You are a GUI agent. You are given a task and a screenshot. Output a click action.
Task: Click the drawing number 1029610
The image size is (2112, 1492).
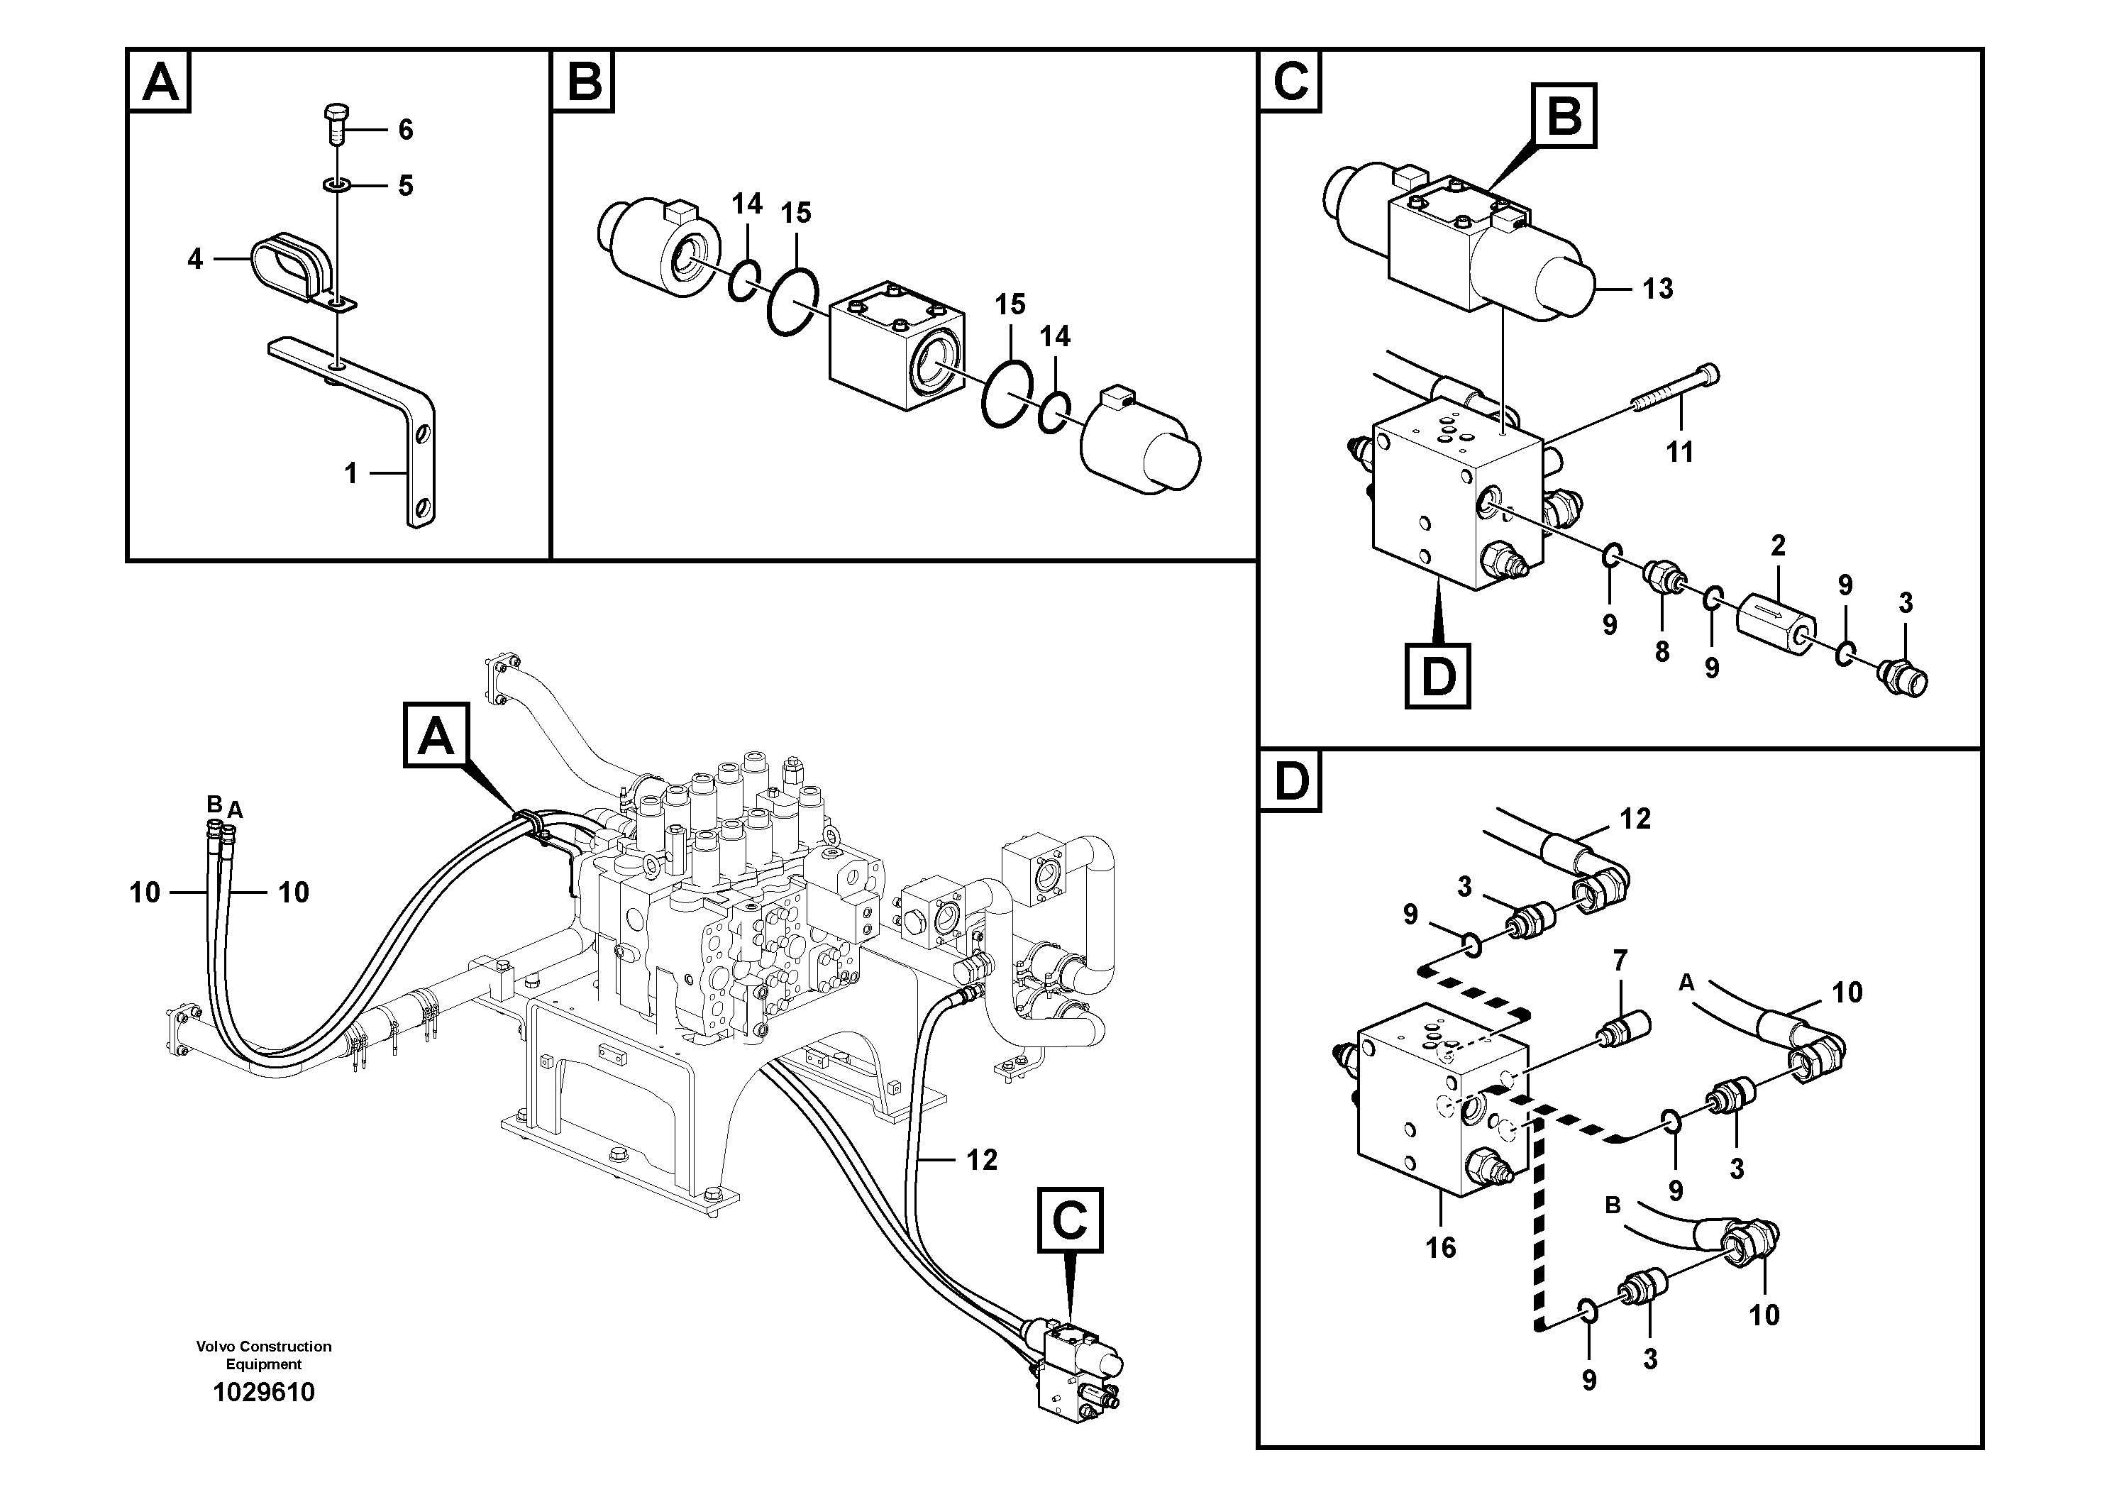coord(263,1392)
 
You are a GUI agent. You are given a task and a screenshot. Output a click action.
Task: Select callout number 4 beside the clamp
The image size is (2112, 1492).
coord(194,260)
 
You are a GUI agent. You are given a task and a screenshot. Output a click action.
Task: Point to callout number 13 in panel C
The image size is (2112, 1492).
coord(1657,289)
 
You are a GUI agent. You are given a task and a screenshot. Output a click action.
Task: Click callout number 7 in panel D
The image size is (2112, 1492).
coord(1620,961)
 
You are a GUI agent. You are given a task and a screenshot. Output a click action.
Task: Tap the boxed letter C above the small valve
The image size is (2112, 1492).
coord(1070,1221)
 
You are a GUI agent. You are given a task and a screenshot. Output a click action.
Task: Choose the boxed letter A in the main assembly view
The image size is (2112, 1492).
coord(436,735)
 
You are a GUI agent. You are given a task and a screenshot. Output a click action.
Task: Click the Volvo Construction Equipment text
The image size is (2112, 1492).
coord(263,1355)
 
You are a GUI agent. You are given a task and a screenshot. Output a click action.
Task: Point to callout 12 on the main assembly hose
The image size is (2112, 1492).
coord(981,1160)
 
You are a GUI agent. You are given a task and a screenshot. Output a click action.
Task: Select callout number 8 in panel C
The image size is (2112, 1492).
coord(1662,651)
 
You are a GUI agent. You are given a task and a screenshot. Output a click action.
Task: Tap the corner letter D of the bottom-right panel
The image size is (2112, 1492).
coord(1290,782)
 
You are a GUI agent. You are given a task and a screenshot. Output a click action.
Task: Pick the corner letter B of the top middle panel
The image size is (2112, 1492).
coord(583,81)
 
